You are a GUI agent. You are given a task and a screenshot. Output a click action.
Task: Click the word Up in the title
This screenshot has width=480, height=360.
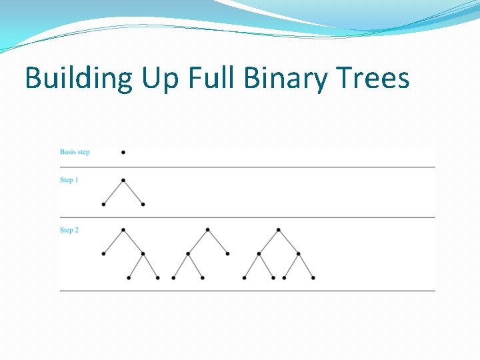pyautogui.click(x=161, y=79)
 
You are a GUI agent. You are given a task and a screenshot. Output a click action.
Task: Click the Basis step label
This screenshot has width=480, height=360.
pyautogui.click(x=75, y=152)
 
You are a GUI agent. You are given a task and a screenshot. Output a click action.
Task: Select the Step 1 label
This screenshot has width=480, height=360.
pyautogui.click(x=69, y=180)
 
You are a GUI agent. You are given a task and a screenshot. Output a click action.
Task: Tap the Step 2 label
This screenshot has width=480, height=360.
pyautogui.click(x=69, y=230)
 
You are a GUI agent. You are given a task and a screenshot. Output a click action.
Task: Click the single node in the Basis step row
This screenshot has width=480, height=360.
pyautogui.click(x=123, y=152)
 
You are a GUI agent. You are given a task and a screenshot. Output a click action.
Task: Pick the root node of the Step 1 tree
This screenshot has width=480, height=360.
pyautogui.click(x=123, y=180)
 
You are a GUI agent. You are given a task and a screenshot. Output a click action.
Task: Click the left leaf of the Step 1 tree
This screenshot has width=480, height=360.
pyautogui.click(x=103, y=204)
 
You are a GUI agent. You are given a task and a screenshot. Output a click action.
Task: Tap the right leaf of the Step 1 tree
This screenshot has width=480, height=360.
pyautogui.click(x=143, y=204)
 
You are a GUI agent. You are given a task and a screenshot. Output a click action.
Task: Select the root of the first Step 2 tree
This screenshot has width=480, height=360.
pyautogui.click(x=123, y=230)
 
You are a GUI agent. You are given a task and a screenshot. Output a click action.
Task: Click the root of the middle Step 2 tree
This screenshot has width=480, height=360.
pyautogui.click(x=207, y=230)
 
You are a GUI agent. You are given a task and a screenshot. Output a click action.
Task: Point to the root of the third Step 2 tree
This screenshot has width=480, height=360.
pyautogui.click(x=278, y=230)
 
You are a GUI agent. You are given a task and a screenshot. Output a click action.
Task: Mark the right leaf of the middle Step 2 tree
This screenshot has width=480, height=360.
pyautogui.click(x=227, y=253)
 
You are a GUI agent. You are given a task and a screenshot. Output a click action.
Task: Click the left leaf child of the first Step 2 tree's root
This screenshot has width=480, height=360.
pyautogui.click(x=103, y=253)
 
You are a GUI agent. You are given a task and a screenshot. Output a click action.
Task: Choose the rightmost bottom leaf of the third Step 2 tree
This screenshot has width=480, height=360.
pyautogui.click(x=313, y=277)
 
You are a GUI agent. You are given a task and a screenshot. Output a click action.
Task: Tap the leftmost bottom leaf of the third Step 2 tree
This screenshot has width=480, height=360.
pyautogui.click(x=244, y=277)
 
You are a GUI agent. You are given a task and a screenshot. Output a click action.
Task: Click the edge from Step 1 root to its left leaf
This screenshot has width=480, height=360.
pyautogui.click(x=113, y=192)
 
